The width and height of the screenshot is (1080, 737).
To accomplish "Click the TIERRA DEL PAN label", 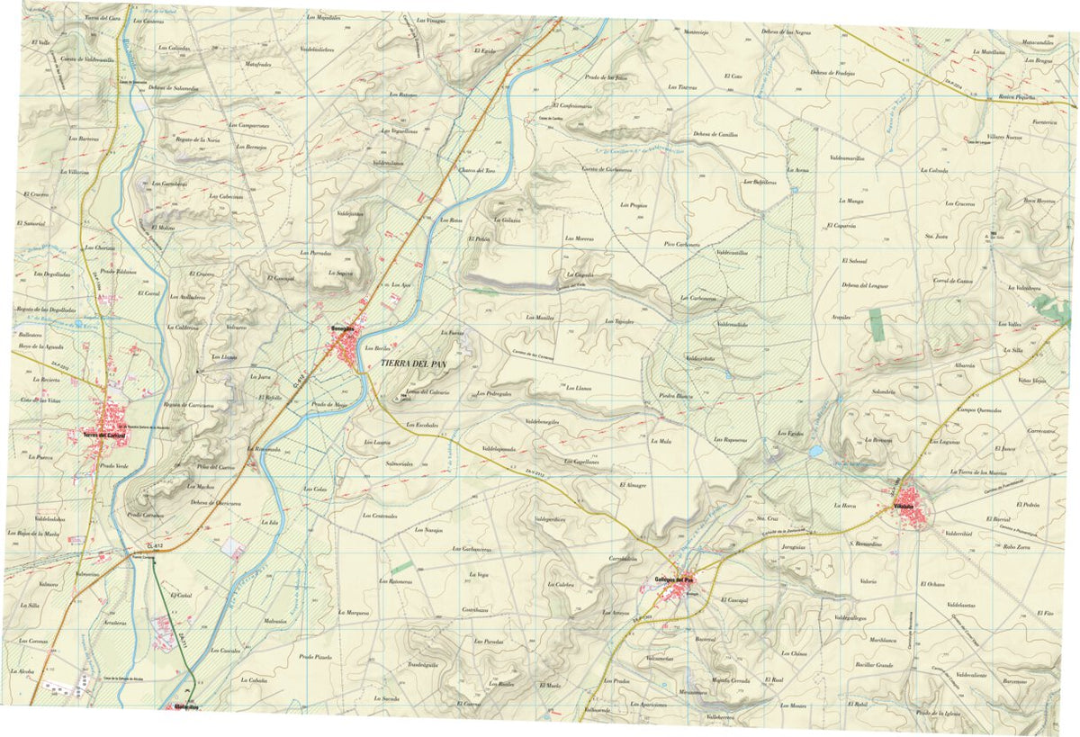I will point(414,364).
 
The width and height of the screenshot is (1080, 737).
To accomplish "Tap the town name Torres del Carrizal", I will point(103,436).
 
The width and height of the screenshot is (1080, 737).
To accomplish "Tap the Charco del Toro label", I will point(478,170).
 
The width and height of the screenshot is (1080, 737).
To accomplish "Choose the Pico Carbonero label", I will point(681,244).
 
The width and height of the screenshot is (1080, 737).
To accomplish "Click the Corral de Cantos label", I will point(953,281).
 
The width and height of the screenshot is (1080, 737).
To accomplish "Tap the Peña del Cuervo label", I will point(216,467).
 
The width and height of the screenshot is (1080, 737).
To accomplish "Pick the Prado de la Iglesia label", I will point(937,714).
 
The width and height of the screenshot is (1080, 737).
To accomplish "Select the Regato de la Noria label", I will point(198,139).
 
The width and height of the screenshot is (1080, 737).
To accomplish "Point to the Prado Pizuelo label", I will point(316,657).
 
